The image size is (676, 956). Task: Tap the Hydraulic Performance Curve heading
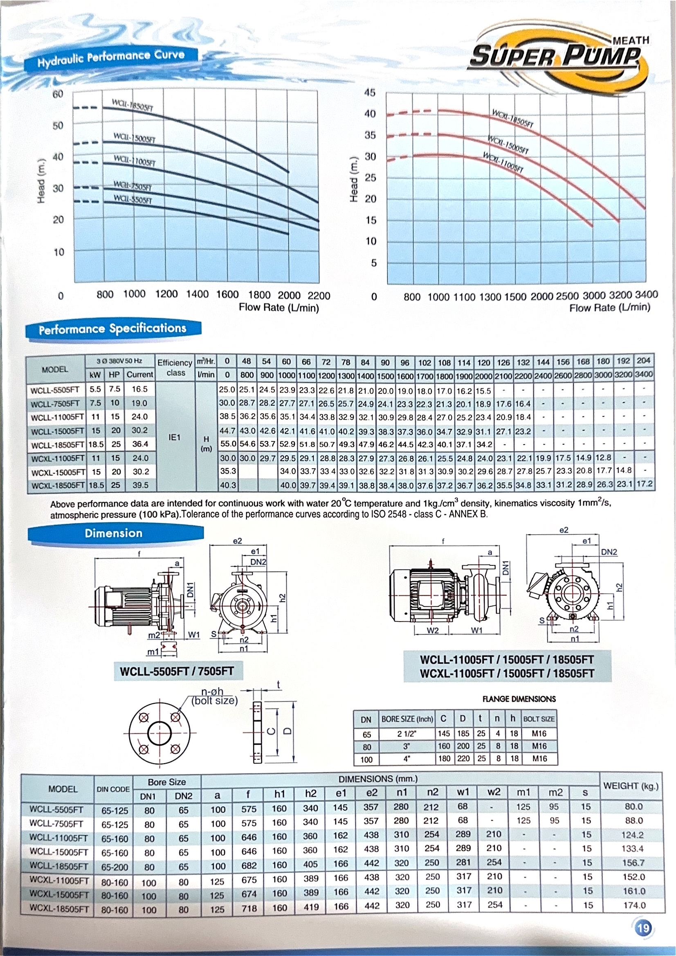click(110, 58)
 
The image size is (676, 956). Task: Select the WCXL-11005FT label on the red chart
click(503, 162)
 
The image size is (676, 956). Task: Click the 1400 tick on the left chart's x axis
click(197, 294)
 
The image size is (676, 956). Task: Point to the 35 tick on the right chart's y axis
click(370, 135)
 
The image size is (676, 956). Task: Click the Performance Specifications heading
click(112, 329)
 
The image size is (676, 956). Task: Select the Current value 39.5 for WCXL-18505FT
click(140, 485)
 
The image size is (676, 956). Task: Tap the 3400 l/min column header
click(644, 375)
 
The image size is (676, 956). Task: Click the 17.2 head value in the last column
click(645, 484)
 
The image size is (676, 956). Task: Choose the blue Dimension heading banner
click(114, 533)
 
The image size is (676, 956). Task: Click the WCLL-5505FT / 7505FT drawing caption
click(177, 671)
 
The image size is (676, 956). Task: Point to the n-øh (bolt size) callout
click(214, 697)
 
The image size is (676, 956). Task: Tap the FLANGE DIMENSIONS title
click(519, 699)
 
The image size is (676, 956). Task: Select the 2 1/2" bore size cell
click(406, 733)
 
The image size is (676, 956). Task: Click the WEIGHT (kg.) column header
click(631, 786)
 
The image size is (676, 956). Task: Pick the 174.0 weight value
click(634, 905)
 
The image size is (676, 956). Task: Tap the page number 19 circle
click(643, 928)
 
